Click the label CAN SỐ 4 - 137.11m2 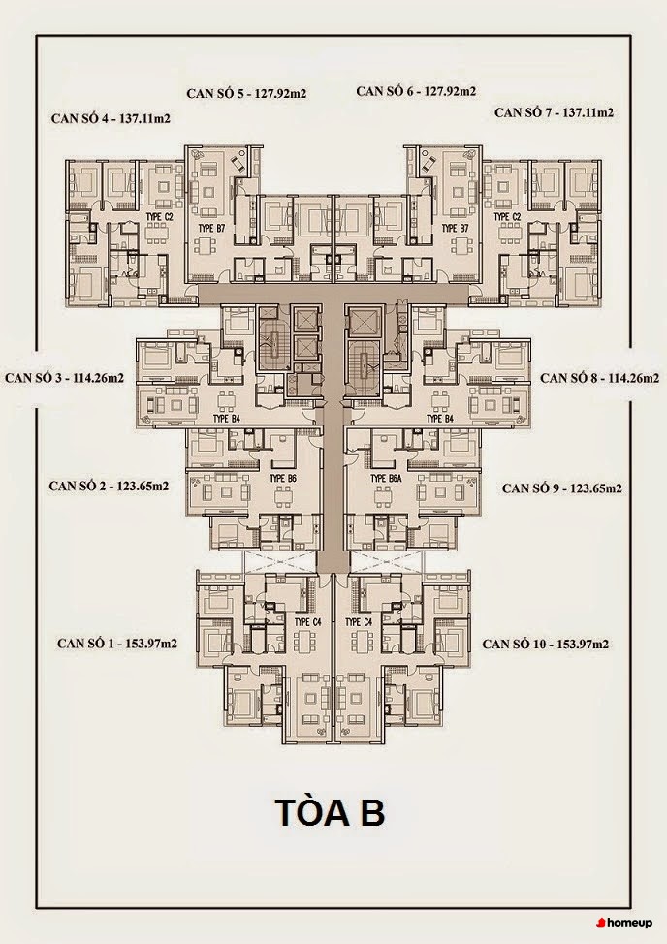tap(111, 118)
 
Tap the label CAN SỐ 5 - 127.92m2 tap(246, 93)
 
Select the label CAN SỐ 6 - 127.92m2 tap(416, 91)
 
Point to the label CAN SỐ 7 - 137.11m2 tap(554, 112)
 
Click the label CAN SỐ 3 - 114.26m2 tap(64, 378)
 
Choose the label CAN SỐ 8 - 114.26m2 tap(599, 378)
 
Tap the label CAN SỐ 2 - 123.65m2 tap(109, 486)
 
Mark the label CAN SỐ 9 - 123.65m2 tap(561, 488)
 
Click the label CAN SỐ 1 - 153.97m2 tap(117, 644)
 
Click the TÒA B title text tap(330, 812)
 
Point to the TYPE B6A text tap(387, 479)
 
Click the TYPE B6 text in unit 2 tap(283, 478)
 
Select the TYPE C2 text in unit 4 tap(159, 216)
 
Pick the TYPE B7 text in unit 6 tap(455, 228)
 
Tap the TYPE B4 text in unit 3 tap(226, 418)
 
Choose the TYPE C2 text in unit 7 tap(507, 216)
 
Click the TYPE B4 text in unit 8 tap(440, 418)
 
